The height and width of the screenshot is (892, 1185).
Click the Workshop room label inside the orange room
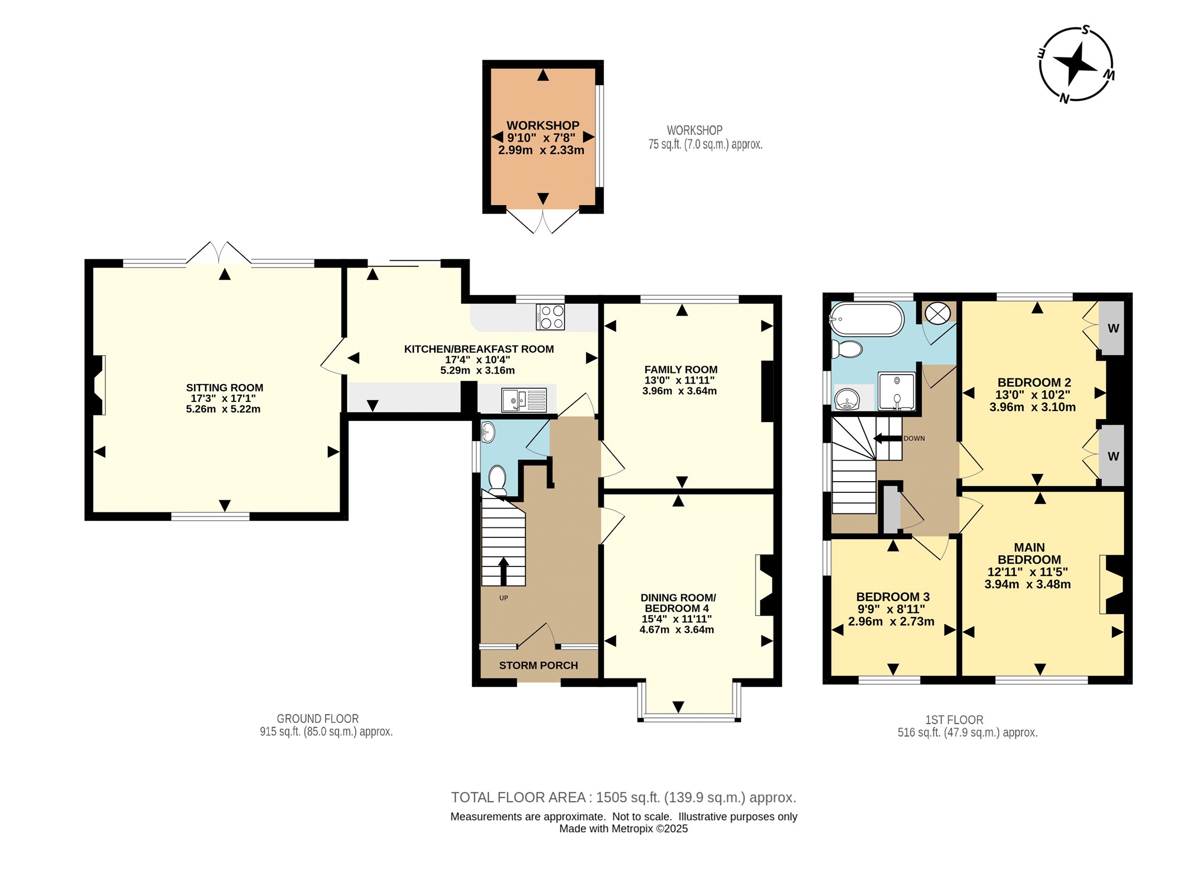pos(543,125)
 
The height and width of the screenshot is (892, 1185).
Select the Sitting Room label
pos(224,387)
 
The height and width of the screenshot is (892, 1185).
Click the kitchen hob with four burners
pos(550,317)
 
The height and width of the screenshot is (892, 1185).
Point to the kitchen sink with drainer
pos(524,400)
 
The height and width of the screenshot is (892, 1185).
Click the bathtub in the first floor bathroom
pos(867,319)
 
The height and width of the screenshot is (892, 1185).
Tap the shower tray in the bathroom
pos(897,391)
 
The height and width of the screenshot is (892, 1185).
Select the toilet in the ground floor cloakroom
pos(497,480)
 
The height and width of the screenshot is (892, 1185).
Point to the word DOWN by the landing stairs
pos(914,438)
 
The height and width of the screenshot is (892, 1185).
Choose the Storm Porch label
pos(538,665)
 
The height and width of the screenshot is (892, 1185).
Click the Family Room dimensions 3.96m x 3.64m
pos(679,391)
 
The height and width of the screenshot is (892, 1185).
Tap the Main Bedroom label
pos(1029,554)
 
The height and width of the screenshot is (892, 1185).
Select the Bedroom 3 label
pos(893,597)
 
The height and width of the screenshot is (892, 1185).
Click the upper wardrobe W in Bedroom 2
pos(1113,328)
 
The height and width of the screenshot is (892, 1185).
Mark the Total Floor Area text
pos(623,797)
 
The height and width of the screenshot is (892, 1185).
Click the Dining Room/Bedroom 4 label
pos(678,603)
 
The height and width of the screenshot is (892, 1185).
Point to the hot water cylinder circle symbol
pos(937,313)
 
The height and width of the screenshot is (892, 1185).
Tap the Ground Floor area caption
pos(326,725)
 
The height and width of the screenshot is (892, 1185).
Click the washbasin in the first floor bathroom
pos(847,399)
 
